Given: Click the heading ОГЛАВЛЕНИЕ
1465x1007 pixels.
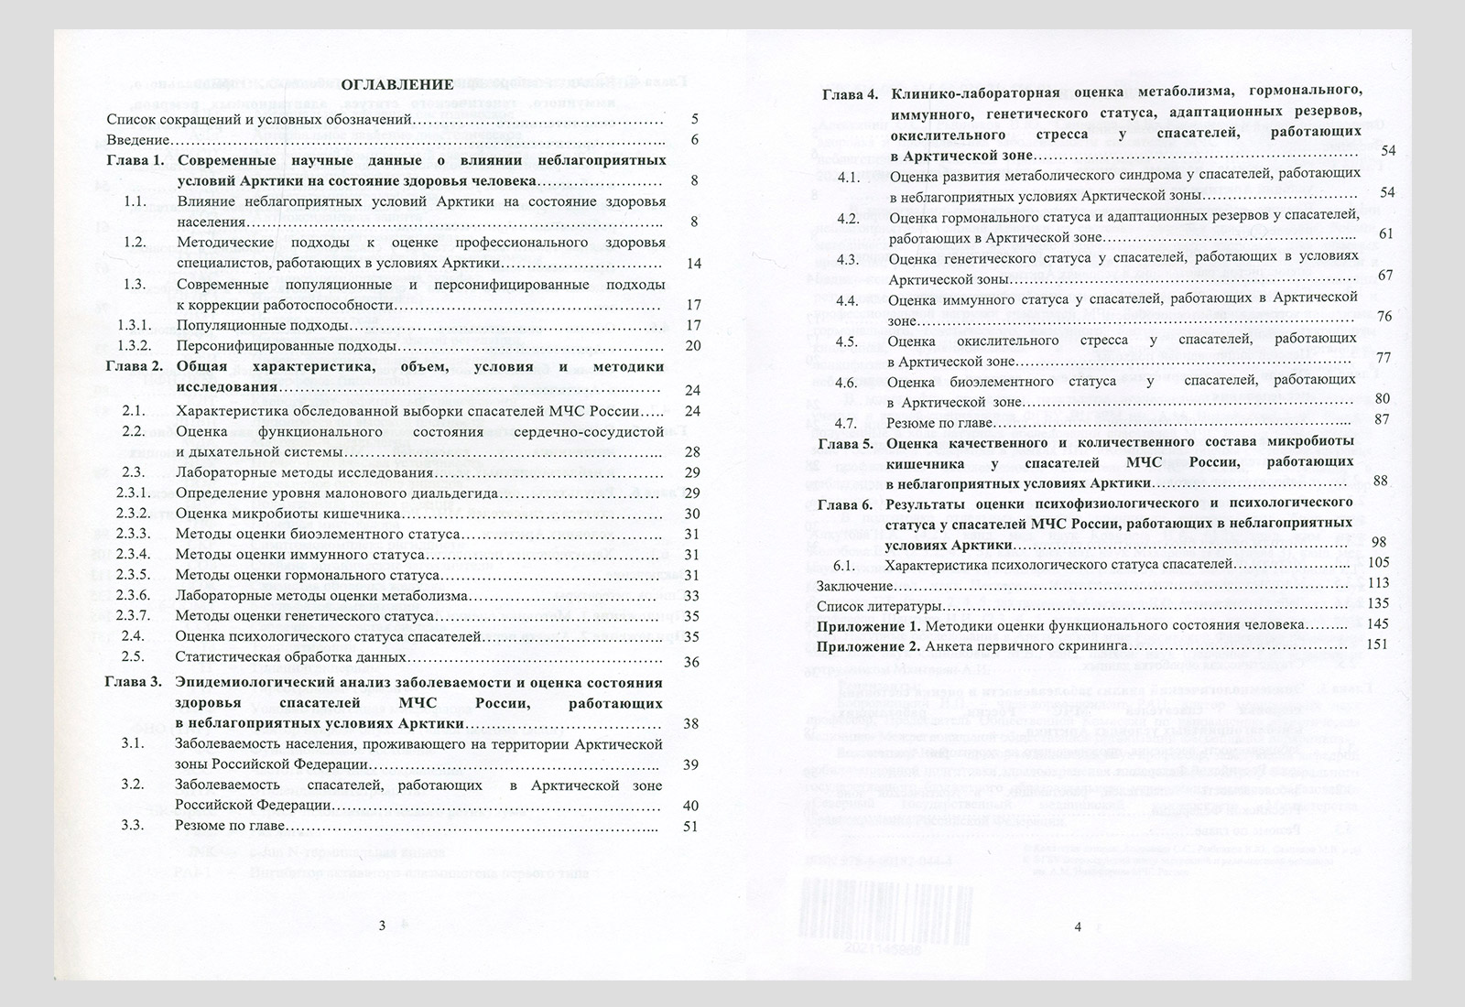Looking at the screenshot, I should (398, 84).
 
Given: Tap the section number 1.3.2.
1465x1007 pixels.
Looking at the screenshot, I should (134, 347).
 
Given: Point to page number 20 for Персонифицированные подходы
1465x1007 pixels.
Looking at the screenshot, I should (692, 346).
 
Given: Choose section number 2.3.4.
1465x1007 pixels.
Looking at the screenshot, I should (134, 555).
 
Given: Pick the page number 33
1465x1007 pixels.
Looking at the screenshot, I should (692, 596).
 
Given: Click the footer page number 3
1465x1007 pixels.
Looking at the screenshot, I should (383, 926).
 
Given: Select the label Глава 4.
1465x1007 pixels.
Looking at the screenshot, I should (849, 93).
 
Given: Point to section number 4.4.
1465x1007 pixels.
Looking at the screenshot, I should (846, 300).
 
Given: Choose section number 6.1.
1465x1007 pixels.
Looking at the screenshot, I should (844, 564).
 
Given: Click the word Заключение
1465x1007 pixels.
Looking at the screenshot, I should (853, 585).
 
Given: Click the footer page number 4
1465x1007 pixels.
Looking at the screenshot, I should (1078, 926).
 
